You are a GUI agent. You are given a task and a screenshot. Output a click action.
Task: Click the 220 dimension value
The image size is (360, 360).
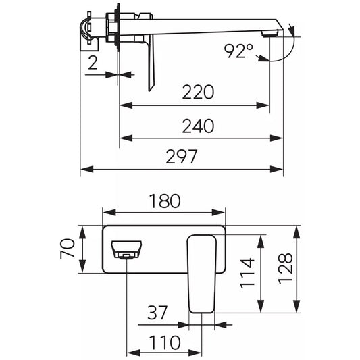tap(198, 92)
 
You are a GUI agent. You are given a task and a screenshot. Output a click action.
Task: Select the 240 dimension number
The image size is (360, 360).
tap(198, 126)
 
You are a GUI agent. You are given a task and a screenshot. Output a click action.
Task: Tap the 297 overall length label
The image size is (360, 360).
tap(182, 157)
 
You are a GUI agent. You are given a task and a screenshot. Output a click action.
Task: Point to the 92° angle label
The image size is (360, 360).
tap(238, 51)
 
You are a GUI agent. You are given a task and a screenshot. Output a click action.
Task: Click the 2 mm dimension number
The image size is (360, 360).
tap(93, 63)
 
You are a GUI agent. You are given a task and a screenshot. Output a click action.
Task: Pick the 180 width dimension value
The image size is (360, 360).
tap(165, 201)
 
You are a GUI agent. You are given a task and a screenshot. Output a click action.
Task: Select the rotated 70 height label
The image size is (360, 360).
tap(68, 249)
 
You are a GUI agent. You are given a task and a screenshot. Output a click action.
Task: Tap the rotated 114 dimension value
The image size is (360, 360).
tap(247, 274)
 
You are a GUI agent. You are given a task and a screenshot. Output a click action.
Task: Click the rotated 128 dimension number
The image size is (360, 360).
tap(286, 269)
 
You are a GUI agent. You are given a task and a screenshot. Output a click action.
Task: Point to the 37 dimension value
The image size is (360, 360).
tap(157, 313)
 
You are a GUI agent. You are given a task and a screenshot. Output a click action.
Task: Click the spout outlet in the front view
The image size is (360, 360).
tap(126, 250)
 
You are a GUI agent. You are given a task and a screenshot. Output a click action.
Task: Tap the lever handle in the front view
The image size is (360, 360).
tap(202, 274)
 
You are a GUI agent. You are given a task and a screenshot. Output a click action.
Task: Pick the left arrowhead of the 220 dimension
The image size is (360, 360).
tap(126, 105)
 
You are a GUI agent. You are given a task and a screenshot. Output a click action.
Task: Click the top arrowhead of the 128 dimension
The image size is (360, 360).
tap(297, 232)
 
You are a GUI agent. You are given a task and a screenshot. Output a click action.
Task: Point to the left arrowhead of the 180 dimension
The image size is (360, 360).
tap(109, 212)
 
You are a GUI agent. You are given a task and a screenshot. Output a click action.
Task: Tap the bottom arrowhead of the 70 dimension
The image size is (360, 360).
tap(82, 266)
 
